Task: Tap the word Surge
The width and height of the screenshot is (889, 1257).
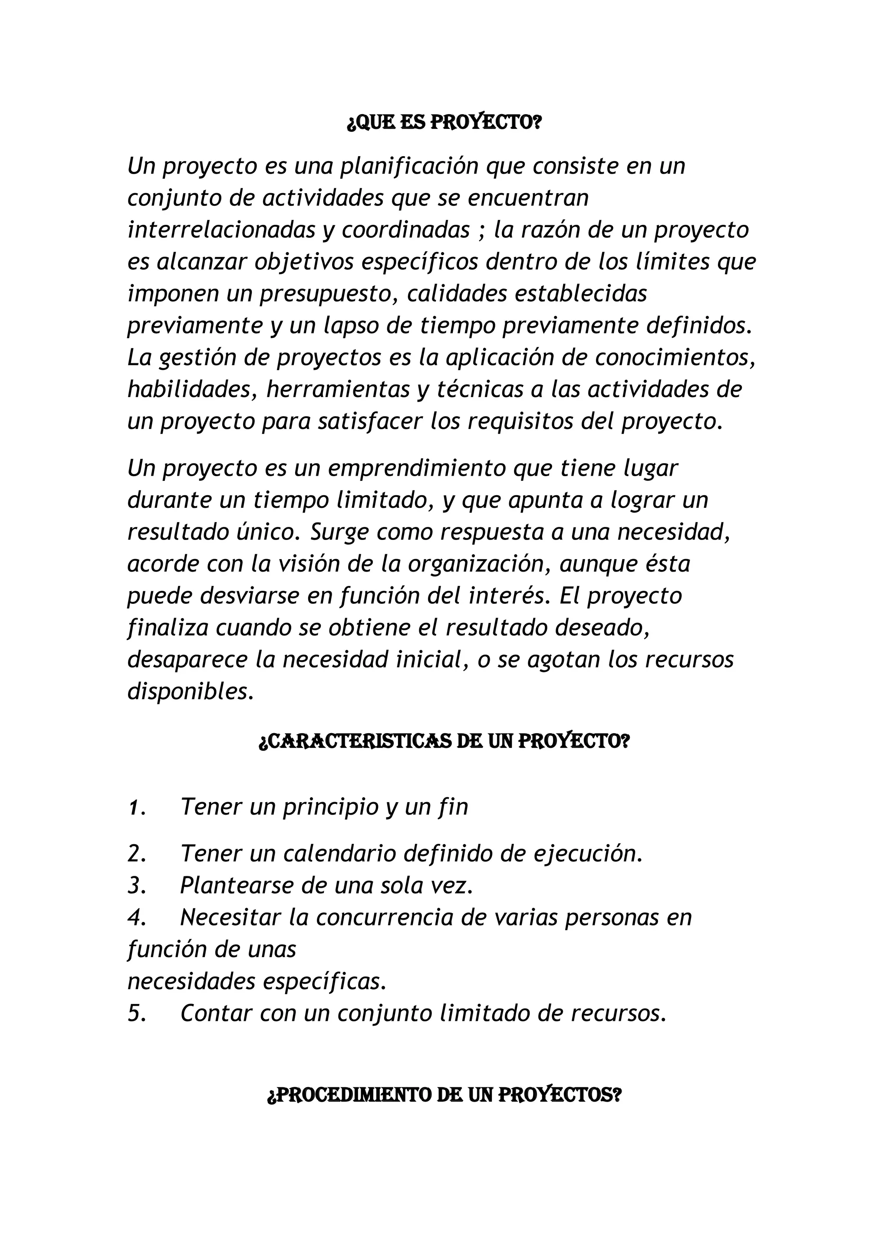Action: pyautogui.click(x=339, y=533)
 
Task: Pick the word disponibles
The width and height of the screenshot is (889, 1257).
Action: pyautogui.click(x=191, y=692)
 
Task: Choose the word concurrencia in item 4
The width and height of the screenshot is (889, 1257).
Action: pyautogui.click(x=384, y=918)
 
